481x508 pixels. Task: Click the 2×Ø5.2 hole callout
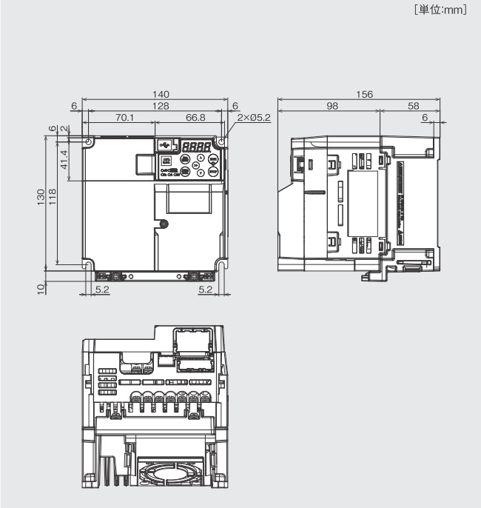[x=254, y=118]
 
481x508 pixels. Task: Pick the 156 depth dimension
[x=363, y=94]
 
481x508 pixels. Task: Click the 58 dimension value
[x=413, y=106]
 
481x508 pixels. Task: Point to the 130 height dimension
[x=41, y=198]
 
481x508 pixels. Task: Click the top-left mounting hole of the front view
[x=89, y=141]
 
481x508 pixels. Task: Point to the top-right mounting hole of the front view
[x=221, y=141]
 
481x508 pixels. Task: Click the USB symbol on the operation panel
[x=164, y=145]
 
